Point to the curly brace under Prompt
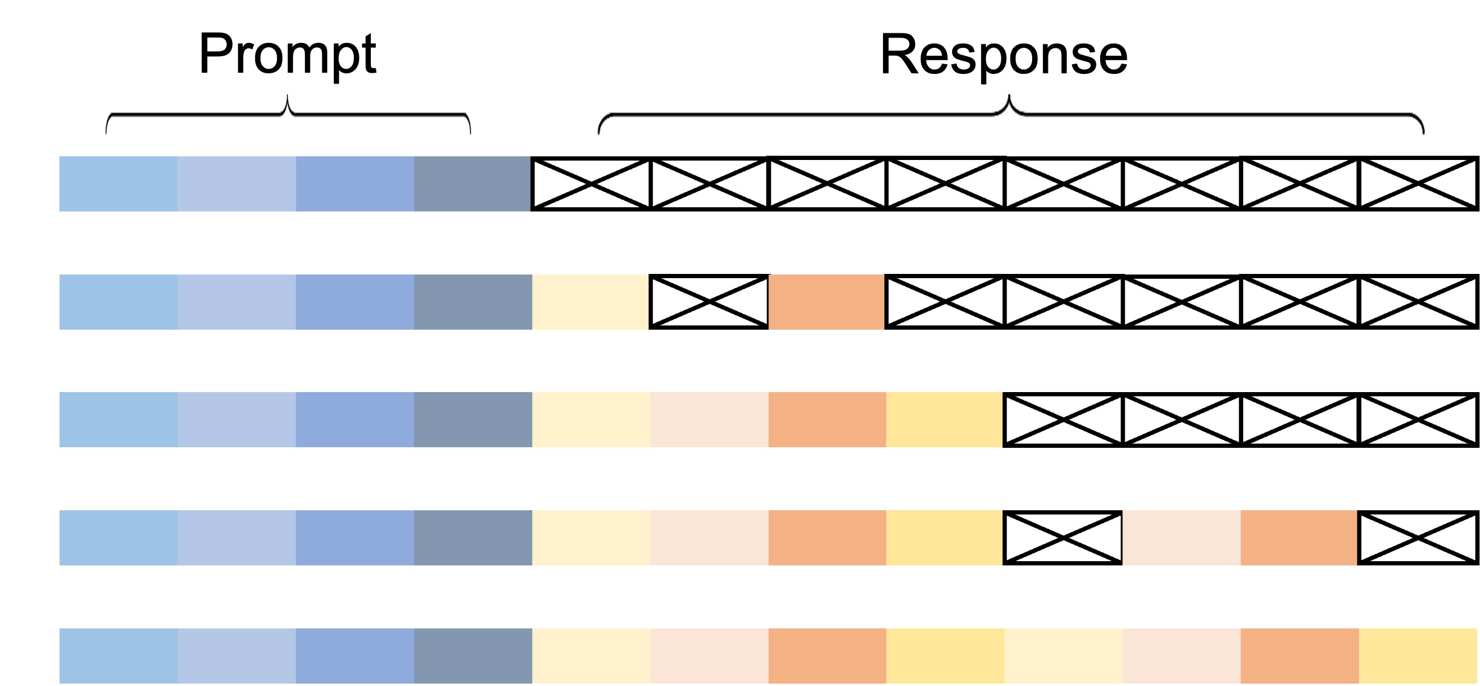[x=288, y=113]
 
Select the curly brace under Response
[x=1011, y=113]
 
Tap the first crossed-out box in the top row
[x=591, y=184]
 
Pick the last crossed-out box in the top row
[x=1419, y=184]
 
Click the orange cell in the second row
[x=827, y=302]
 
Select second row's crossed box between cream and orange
[x=709, y=302]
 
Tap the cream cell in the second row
[x=591, y=302]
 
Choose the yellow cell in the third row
[x=945, y=419]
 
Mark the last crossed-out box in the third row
[x=1419, y=419]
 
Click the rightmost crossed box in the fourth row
[x=1419, y=538]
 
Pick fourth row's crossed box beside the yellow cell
[x=1063, y=538]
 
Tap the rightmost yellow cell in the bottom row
[x=1418, y=656]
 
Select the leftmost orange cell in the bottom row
[x=827, y=656]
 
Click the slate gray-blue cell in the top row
[x=473, y=184]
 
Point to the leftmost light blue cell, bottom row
[x=118, y=656]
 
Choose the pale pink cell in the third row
[x=709, y=419]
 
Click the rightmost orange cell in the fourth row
[x=1299, y=538]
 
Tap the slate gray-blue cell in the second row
[x=473, y=302]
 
